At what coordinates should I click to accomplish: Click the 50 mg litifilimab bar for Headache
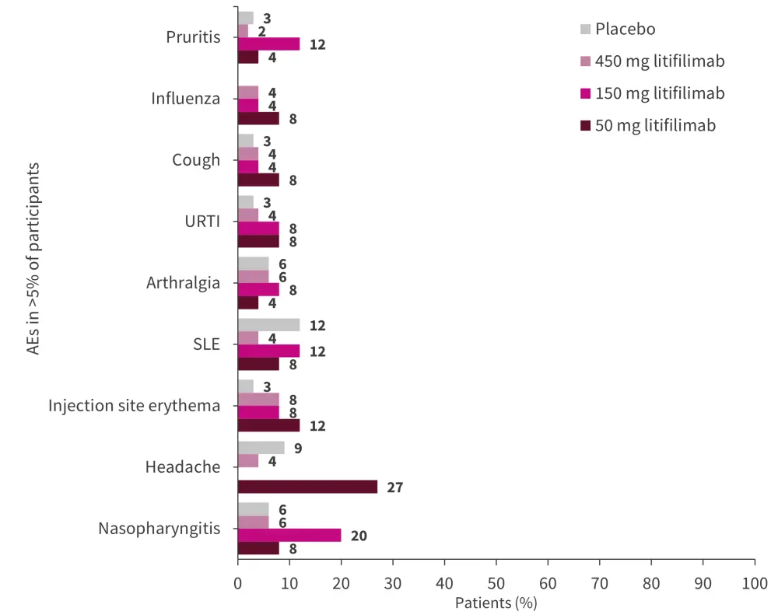[x=307, y=487]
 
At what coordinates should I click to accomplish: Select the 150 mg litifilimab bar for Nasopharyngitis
[x=289, y=535]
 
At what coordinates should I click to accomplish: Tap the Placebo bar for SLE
[x=268, y=325]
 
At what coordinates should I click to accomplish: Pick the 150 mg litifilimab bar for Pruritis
[x=268, y=44]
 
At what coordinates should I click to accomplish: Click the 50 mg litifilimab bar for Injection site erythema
[x=268, y=425]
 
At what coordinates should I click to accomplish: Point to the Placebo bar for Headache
[x=261, y=448]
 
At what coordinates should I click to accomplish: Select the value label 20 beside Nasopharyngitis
[x=358, y=536]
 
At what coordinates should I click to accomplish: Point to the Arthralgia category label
[x=183, y=283]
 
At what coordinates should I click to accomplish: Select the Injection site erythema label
[x=134, y=406]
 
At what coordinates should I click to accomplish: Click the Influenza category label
[x=185, y=99]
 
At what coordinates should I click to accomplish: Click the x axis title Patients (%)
[x=496, y=602]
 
